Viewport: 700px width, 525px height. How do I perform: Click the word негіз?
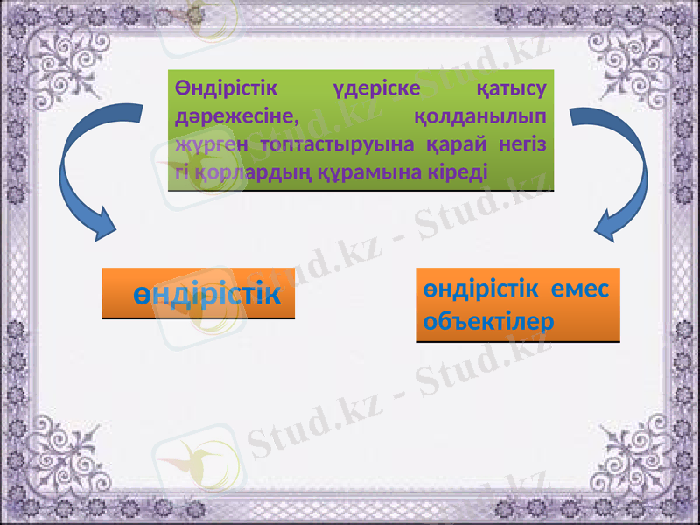[x=525, y=141]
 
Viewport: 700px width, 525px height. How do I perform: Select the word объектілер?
[x=488, y=320]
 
